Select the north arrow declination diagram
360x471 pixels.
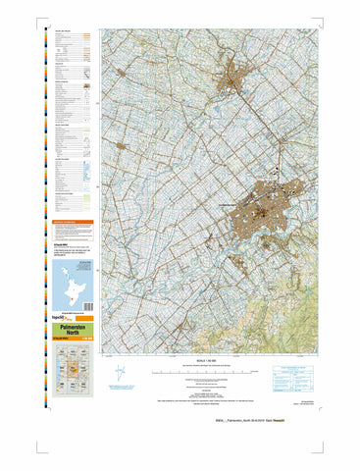point(122,373)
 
